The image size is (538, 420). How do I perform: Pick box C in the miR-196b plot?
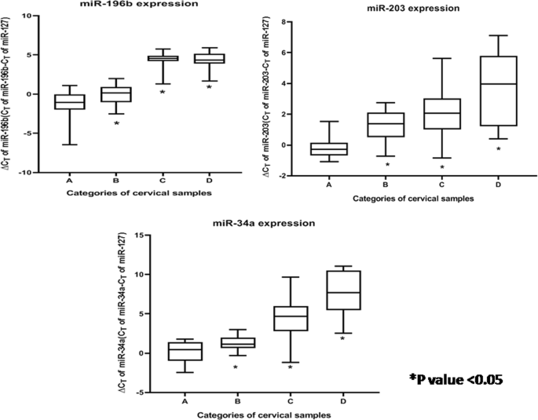163,58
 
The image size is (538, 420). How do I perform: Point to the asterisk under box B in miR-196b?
116,124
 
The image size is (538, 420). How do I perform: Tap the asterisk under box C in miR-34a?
289,367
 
